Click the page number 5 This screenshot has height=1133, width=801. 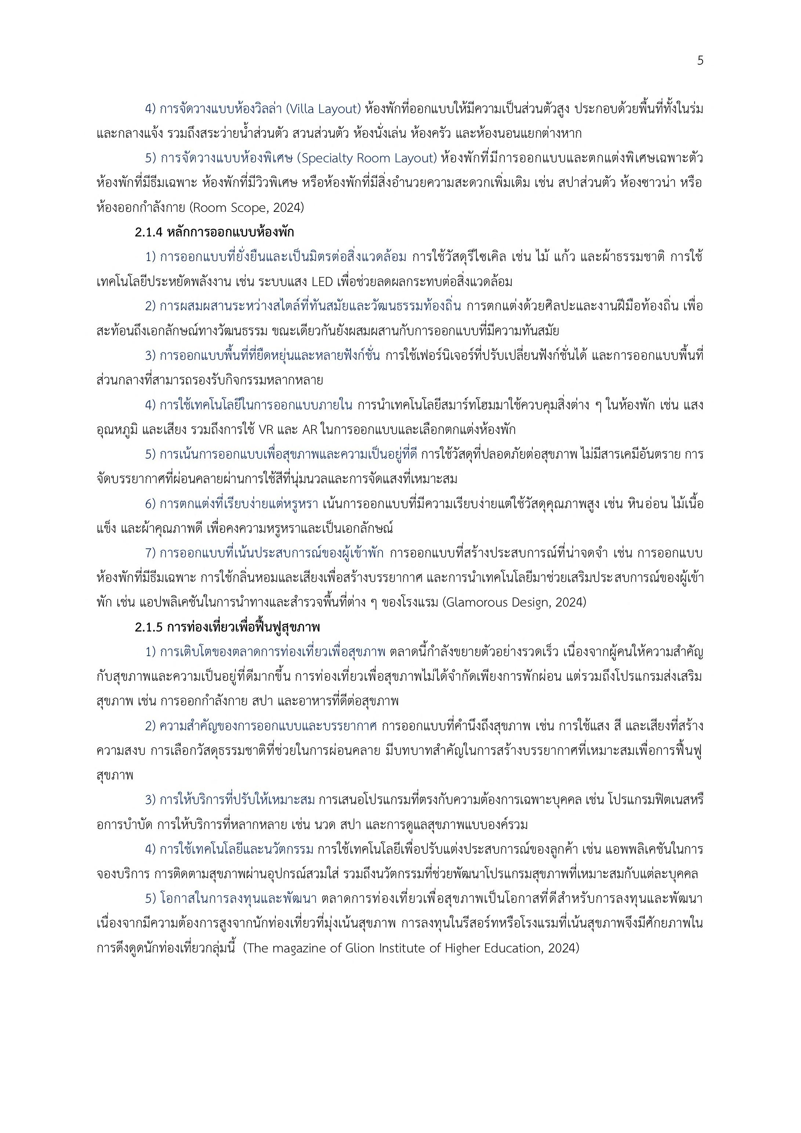pyautogui.click(x=700, y=61)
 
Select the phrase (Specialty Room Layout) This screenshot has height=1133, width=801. pyautogui.click(x=369, y=158)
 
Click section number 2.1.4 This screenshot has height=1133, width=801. pyautogui.click(x=149, y=232)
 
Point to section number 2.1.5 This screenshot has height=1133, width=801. pyautogui.click(x=149, y=627)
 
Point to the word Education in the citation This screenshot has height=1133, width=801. pyautogui.click(x=516, y=948)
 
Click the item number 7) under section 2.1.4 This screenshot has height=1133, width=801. pyautogui.click(x=150, y=553)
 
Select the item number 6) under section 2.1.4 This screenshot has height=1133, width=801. pyautogui.click(x=150, y=504)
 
